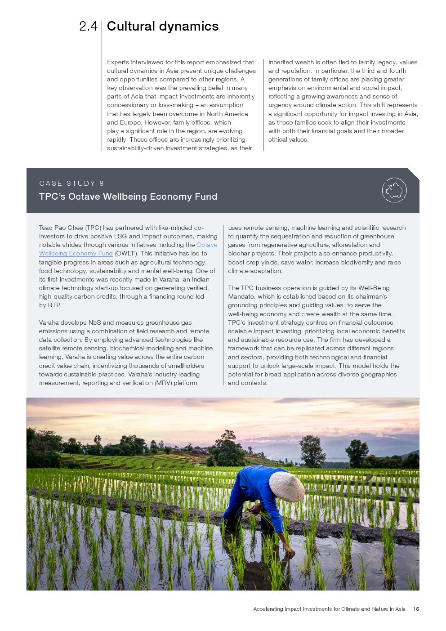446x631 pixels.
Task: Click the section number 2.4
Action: (88, 27)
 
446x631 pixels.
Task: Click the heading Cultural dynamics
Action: (163, 27)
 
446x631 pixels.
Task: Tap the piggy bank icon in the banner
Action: (394, 190)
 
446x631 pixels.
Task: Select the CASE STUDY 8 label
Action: (71, 183)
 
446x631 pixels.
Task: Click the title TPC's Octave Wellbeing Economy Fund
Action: (128, 197)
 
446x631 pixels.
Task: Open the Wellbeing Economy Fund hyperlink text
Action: (76, 254)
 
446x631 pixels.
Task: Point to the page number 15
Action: (416, 609)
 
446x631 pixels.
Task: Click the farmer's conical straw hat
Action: (286, 486)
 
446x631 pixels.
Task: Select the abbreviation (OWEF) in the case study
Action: (126, 254)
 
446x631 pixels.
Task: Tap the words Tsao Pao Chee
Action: (61, 228)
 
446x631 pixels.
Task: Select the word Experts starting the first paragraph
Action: (118, 63)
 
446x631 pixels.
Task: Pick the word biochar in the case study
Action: (239, 254)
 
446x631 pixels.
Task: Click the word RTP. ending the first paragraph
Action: (54, 305)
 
